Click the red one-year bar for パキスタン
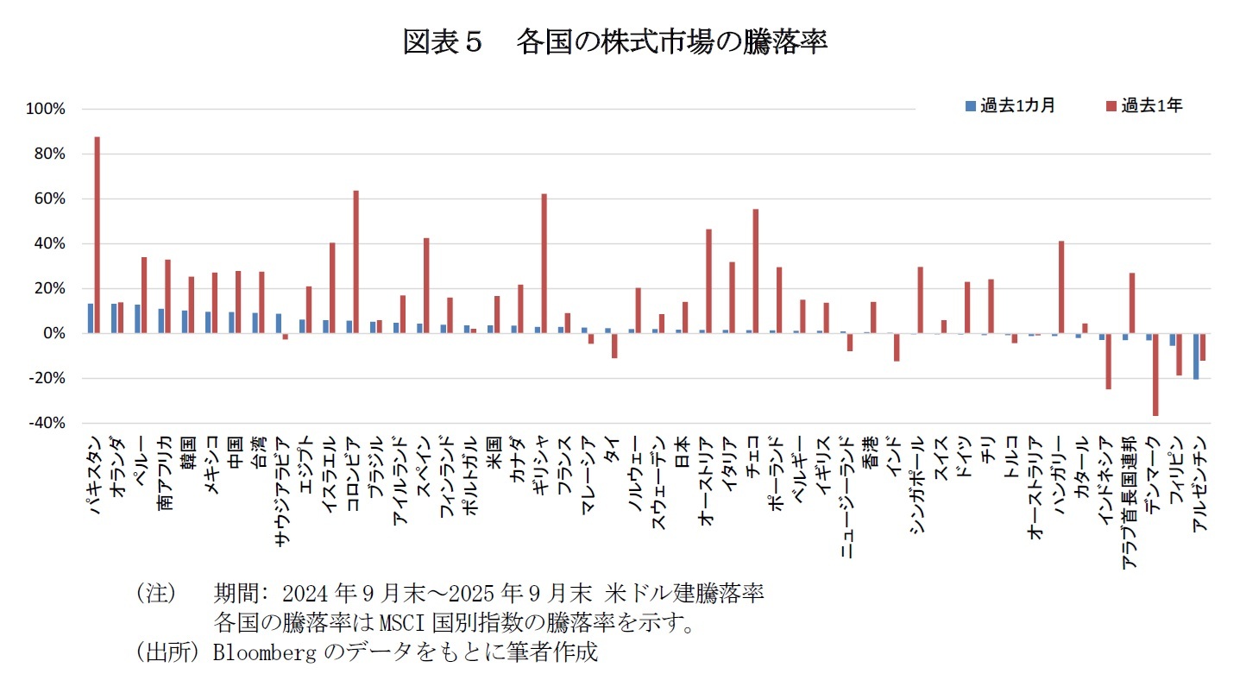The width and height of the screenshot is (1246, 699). (x=98, y=235)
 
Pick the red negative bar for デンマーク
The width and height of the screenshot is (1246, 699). (x=1155, y=375)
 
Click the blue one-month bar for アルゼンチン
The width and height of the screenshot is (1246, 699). (x=1196, y=356)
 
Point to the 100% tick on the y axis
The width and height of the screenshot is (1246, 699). (x=47, y=110)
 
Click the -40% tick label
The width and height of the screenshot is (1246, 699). (x=47, y=423)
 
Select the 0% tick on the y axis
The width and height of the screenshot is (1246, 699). (x=53, y=333)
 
